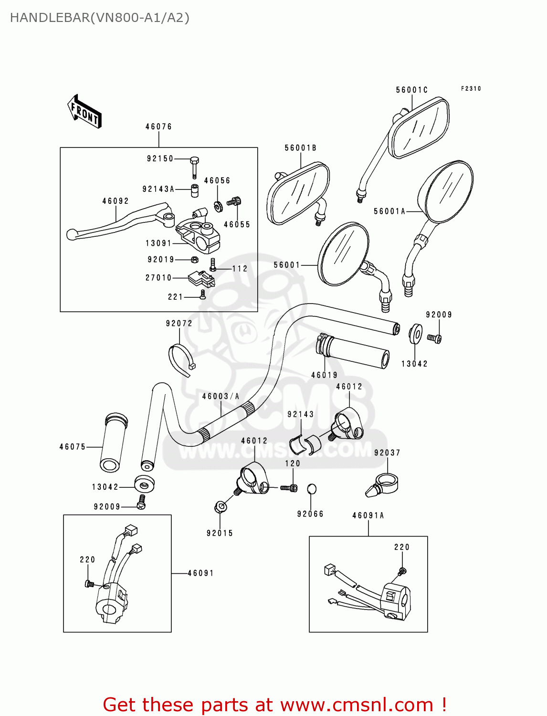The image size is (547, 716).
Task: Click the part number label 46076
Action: coord(158,126)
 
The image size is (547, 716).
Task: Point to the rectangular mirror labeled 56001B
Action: coord(298,193)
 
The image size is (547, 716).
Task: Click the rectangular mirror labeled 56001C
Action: coord(418,127)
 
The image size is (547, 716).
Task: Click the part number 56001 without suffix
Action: coord(286,265)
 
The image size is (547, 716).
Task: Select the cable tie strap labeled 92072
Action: coord(180,360)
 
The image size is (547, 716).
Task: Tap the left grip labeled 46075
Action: coord(113,442)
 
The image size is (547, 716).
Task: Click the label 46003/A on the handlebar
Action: coord(221,396)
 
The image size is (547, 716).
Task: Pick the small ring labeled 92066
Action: coord(311,489)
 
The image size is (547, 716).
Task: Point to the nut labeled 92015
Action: coord(220,507)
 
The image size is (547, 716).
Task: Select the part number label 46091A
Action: coord(368,516)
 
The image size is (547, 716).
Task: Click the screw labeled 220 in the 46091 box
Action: coord(88,583)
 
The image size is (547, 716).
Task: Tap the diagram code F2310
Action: coord(471,89)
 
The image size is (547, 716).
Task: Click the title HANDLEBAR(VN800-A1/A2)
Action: coord(100,18)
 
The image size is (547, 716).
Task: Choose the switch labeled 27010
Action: coord(200,279)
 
